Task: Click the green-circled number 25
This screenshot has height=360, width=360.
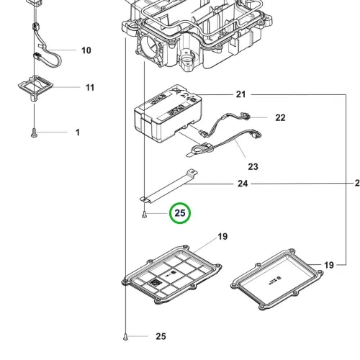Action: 180,213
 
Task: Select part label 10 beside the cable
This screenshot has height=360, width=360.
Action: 86,50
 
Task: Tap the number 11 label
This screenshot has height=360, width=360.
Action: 90,87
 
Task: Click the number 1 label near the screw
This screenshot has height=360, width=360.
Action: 78,132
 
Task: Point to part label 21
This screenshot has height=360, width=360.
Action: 240,94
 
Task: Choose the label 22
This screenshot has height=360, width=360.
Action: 280,117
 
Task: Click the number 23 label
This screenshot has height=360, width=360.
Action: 253,166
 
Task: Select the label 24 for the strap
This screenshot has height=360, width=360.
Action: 243,184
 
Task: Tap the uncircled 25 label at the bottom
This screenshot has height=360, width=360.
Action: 161,336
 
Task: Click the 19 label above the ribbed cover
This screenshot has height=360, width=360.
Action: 222,237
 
